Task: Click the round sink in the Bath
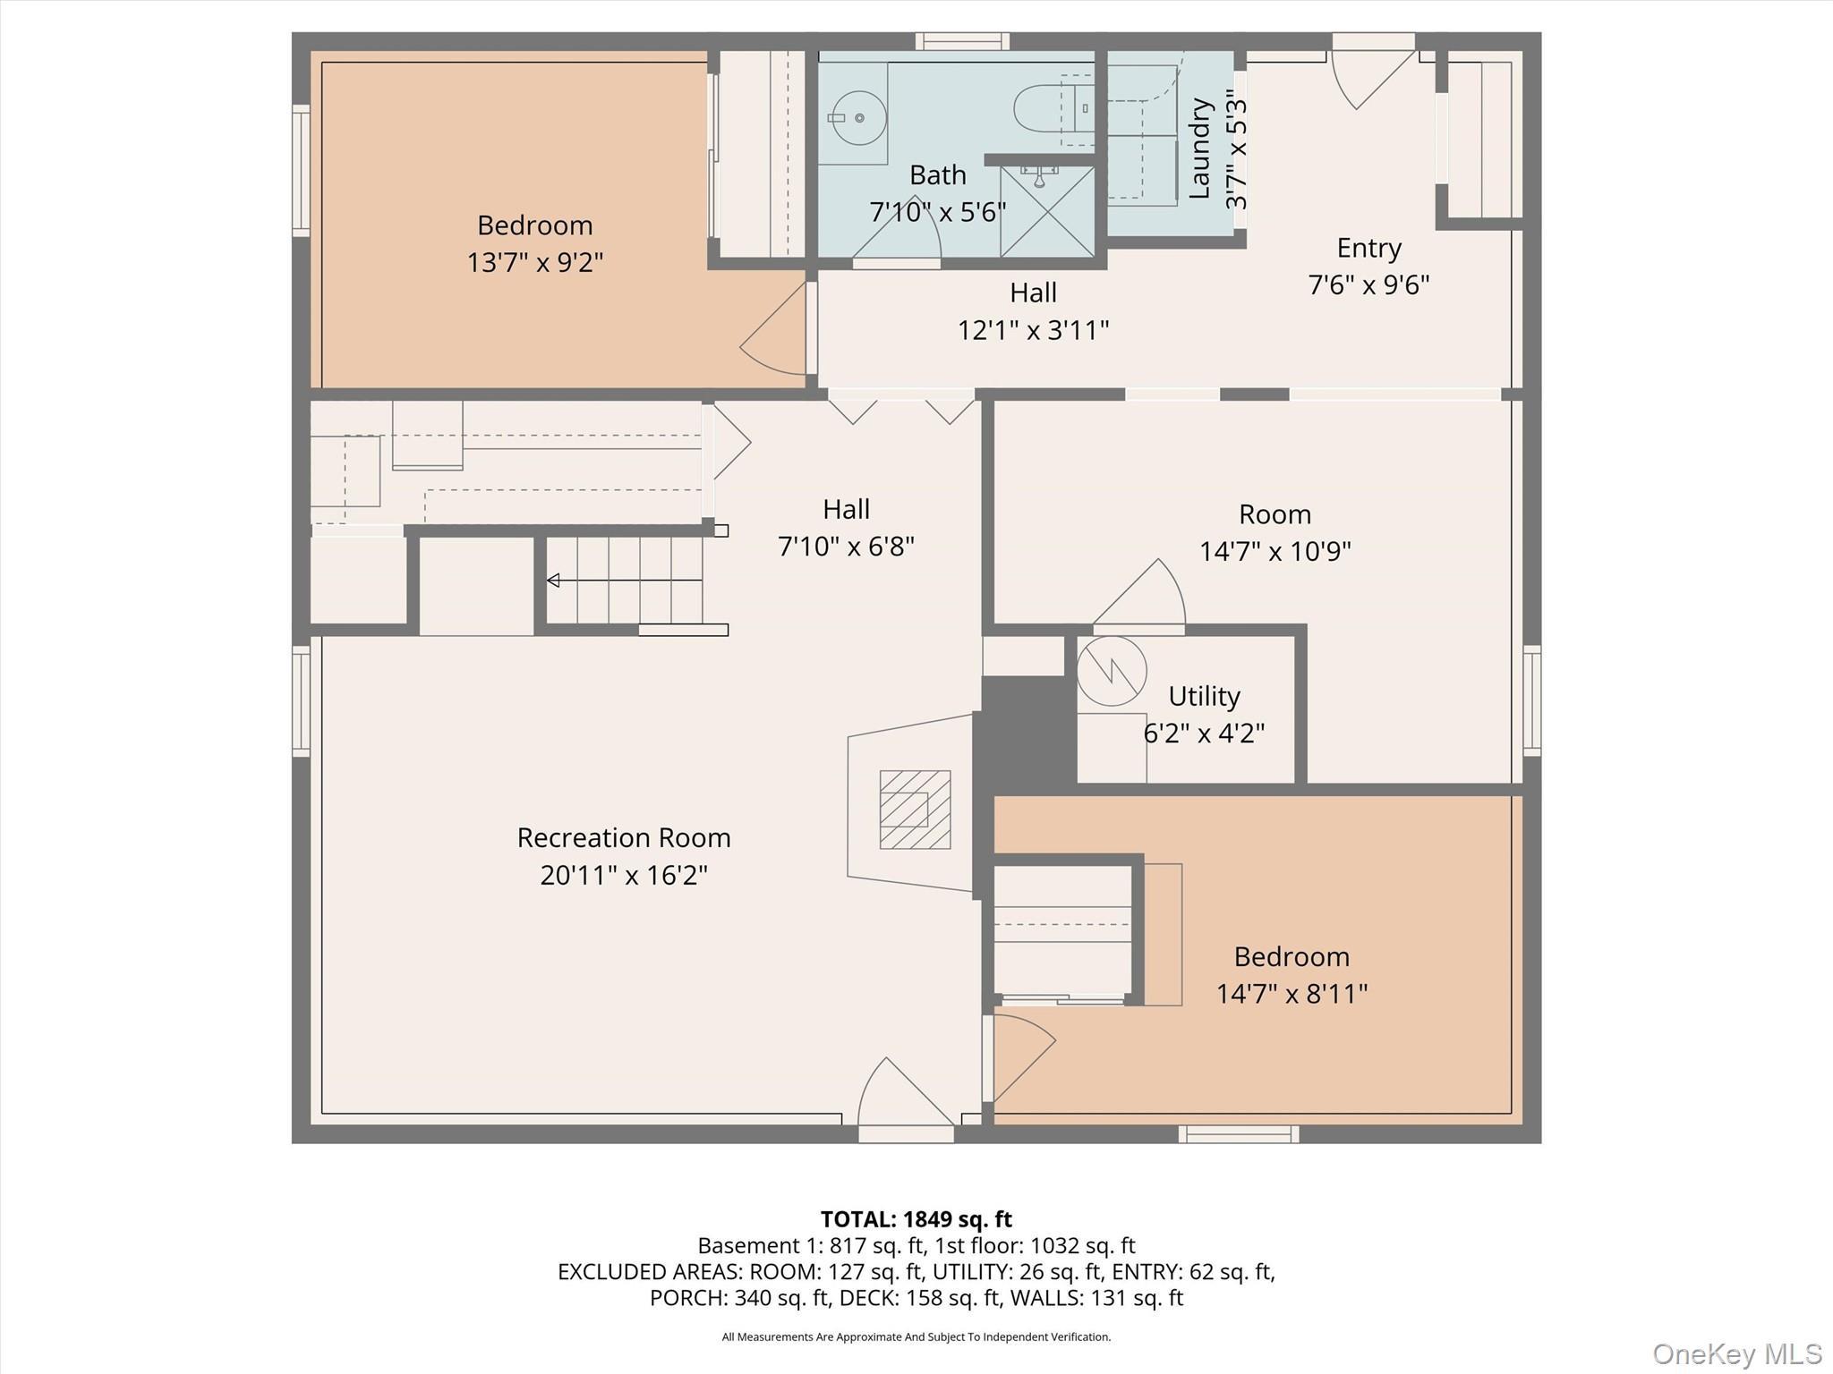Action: (858, 117)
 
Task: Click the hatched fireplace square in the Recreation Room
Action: (915, 809)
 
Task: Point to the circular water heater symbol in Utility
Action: (1112, 671)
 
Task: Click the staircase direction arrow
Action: (553, 581)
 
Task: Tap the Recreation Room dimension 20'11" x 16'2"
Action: (624, 875)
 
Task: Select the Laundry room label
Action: (1199, 148)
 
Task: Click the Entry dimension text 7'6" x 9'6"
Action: (1368, 284)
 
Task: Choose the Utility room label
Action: (1204, 696)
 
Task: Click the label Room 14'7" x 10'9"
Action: (1275, 532)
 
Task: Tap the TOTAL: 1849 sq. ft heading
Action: (916, 1219)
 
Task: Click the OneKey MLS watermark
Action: (1736, 1353)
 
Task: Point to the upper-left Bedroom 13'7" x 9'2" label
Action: (534, 243)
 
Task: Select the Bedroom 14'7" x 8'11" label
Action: (1292, 975)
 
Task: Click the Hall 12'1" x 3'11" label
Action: (1033, 311)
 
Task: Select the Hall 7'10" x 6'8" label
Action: (846, 528)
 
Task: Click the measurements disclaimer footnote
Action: (916, 1337)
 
